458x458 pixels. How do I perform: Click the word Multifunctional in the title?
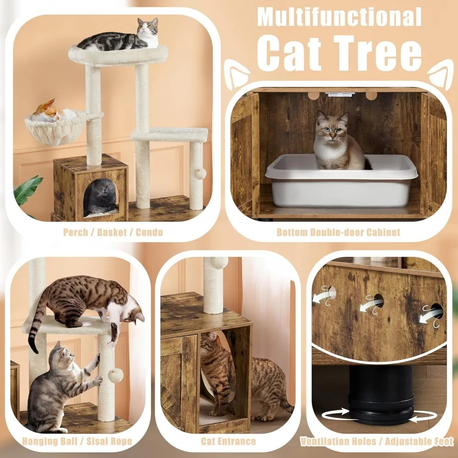pyautogui.click(x=339, y=16)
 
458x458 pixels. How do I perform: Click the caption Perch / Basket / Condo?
pyautogui.click(x=112, y=232)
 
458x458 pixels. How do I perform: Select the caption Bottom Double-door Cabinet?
pyautogui.click(x=338, y=232)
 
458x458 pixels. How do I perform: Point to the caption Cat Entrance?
pyautogui.click(x=228, y=442)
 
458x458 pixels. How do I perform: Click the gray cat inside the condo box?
pyautogui.click(x=100, y=197)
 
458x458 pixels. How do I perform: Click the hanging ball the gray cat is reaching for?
pyautogui.click(x=115, y=375)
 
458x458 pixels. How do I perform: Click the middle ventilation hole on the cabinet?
pyautogui.click(x=377, y=301)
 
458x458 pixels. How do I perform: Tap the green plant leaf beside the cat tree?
pyautogui.click(x=27, y=190)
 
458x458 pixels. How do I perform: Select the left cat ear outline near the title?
pyautogui.click(x=237, y=76)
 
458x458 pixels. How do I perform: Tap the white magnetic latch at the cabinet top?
pyautogui.click(x=339, y=94)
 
